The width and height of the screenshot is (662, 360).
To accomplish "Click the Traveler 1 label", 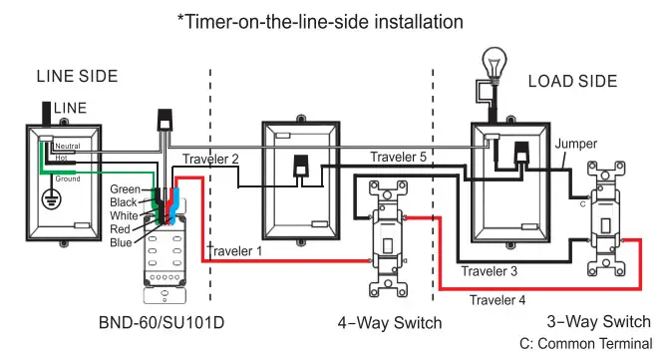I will (x=235, y=251).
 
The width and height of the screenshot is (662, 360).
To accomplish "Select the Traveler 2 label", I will (x=211, y=160).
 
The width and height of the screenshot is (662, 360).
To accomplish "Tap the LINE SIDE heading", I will (x=77, y=76).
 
